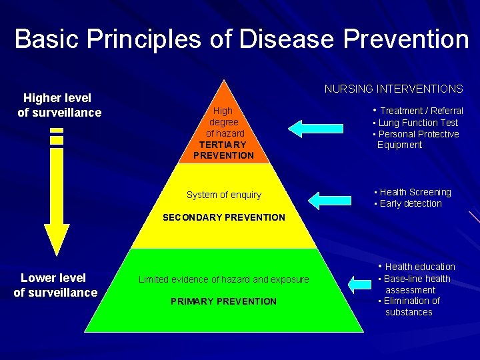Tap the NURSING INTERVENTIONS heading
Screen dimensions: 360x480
[x=393, y=89]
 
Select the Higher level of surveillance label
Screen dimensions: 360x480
[x=59, y=105]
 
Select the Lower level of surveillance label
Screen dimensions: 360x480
[x=55, y=285]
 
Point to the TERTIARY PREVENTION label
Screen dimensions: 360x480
[x=223, y=150]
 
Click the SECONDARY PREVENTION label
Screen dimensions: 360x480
[x=223, y=217]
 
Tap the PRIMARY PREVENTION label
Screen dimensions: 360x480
[x=223, y=301]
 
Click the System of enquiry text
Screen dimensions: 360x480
[x=223, y=195]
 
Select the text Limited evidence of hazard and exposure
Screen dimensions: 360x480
[x=223, y=279]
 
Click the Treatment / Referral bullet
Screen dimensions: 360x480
[x=421, y=111]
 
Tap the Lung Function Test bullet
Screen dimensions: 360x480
[x=418, y=123]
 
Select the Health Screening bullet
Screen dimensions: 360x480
[x=415, y=192]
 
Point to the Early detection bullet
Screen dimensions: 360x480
[x=410, y=203]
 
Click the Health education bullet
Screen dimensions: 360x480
[x=419, y=267]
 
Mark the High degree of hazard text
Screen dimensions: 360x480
[x=223, y=122]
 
